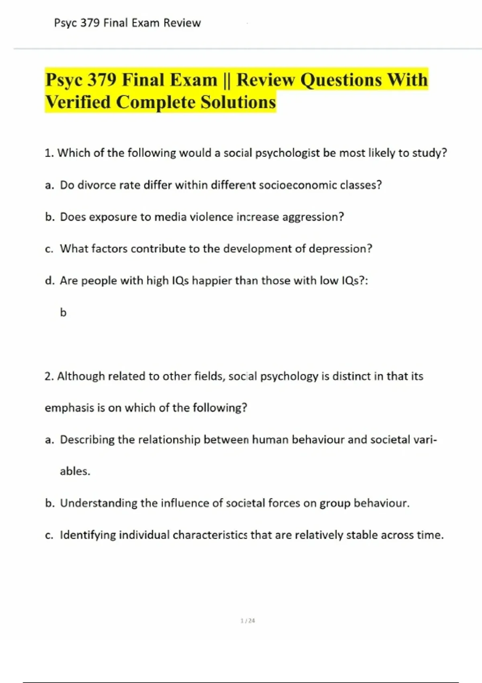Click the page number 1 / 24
[x=247, y=621]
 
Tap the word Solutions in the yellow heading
[x=238, y=102]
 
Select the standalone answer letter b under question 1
[x=63, y=313]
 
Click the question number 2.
[x=49, y=376]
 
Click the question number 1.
[x=49, y=153]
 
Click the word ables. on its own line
[x=75, y=471]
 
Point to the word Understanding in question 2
[x=98, y=503]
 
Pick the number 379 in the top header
[x=90, y=23]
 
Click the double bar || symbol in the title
[x=227, y=80]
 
